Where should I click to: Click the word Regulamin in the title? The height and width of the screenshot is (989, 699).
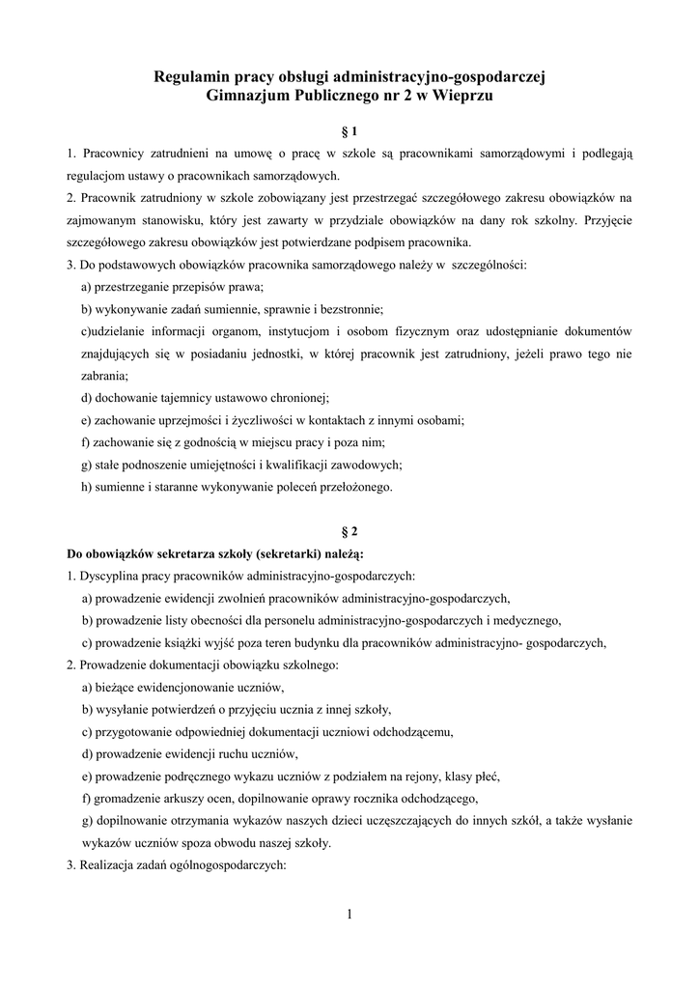point(192,77)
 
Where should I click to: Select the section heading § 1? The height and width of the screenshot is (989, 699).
point(349,130)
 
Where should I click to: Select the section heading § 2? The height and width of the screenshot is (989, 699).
point(349,531)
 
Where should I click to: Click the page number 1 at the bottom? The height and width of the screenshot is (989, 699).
point(349,915)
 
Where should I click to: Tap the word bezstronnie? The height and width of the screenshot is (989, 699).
point(351,309)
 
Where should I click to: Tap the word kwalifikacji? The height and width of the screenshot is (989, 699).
point(271,465)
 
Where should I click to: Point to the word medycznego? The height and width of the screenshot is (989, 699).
point(526,620)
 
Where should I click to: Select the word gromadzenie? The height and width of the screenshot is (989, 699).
point(126,798)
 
